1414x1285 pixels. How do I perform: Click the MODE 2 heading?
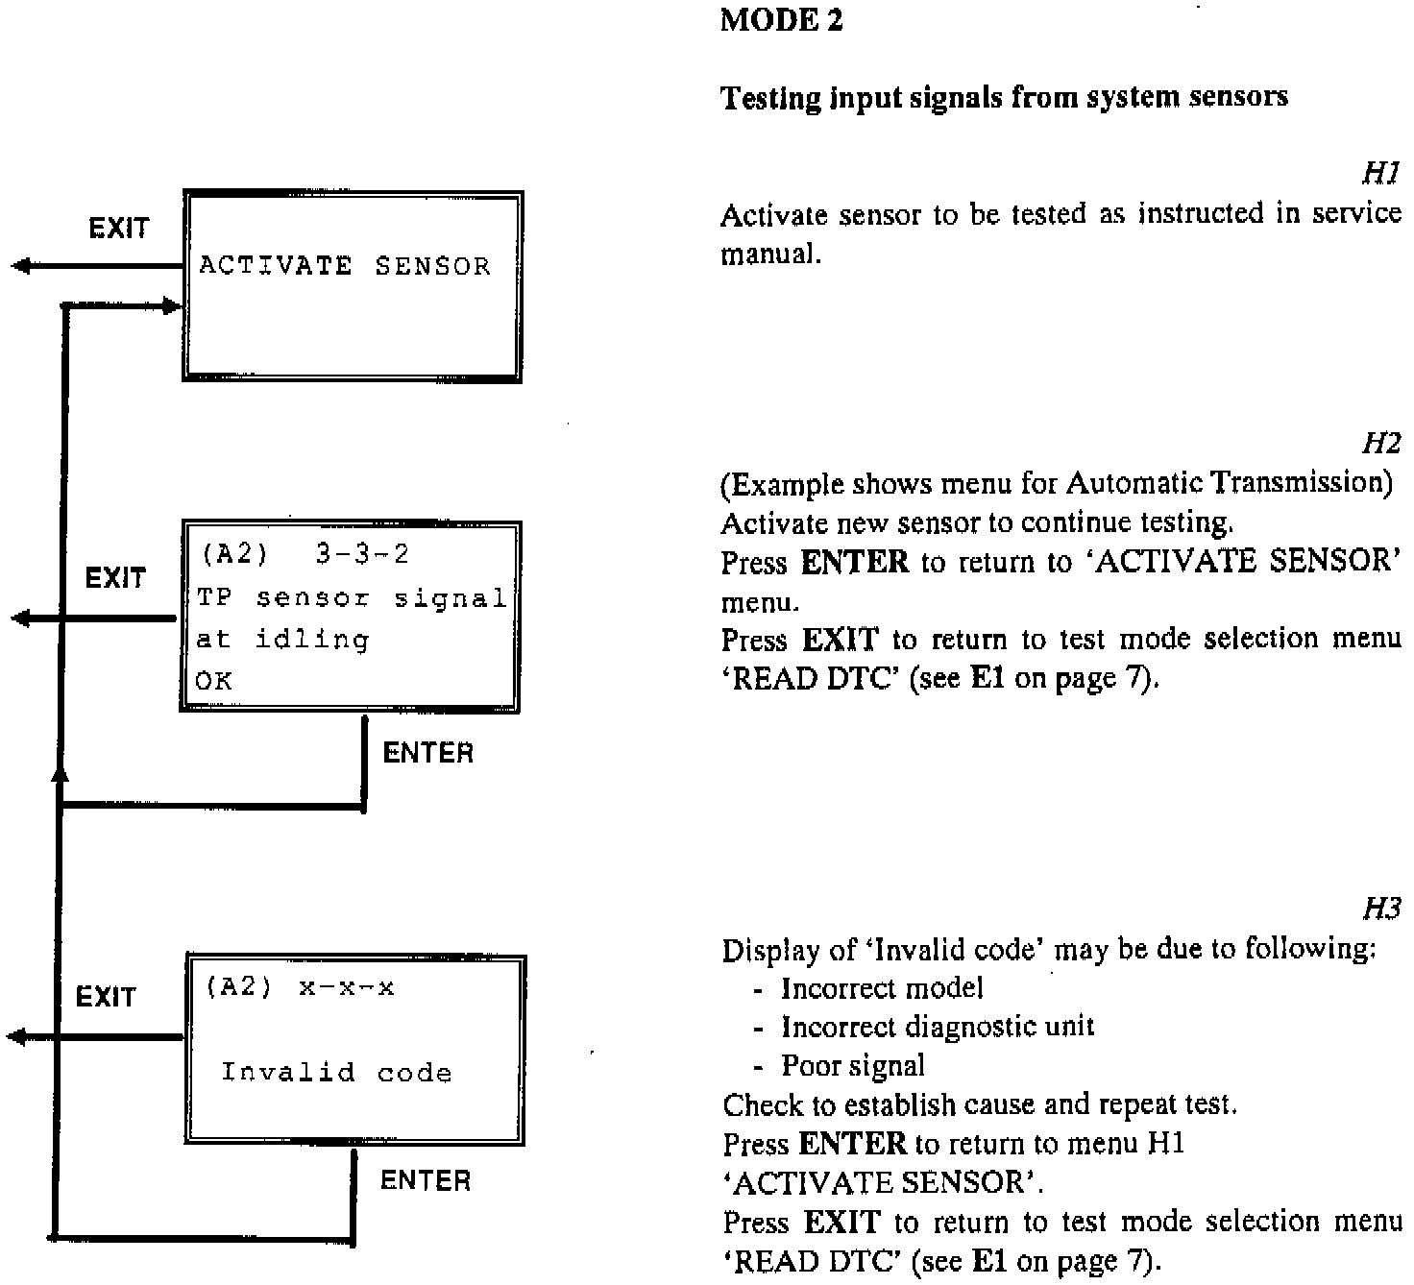[x=781, y=21]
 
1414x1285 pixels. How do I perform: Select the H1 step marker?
[x=1380, y=173]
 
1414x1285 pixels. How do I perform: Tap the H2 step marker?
[x=1380, y=443]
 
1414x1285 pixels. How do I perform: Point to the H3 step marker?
[x=1380, y=908]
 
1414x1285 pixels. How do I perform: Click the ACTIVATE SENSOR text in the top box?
[x=344, y=266]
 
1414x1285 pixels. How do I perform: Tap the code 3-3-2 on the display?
[x=362, y=554]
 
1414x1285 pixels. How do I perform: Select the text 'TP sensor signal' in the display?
[x=351, y=598]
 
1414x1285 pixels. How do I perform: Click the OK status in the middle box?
[x=213, y=681]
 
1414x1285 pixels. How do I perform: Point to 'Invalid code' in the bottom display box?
[x=336, y=1072]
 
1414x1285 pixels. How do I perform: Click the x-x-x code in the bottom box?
[x=346, y=987]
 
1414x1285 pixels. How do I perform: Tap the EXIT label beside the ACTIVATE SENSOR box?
[x=119, y=229]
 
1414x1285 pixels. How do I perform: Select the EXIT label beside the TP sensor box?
[x=115, y=578]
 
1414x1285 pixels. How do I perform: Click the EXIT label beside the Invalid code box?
[x=106, y=997]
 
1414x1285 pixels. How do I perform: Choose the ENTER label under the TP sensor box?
[x=427, y=753]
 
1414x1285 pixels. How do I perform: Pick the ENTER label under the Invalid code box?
[x=426, y=1180]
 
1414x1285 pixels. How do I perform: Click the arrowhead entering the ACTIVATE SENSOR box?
[x=171, y=306]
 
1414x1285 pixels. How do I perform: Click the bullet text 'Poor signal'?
[x=852, y=1065]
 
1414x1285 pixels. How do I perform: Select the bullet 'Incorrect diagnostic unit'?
[x=937, y=1027]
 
